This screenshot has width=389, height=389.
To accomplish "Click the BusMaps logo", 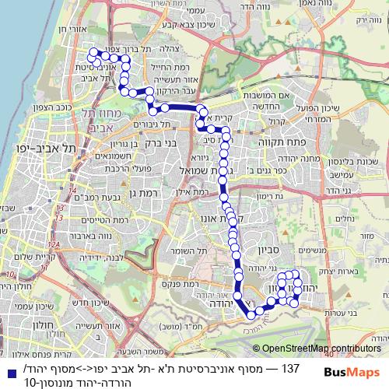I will [351, 373].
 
